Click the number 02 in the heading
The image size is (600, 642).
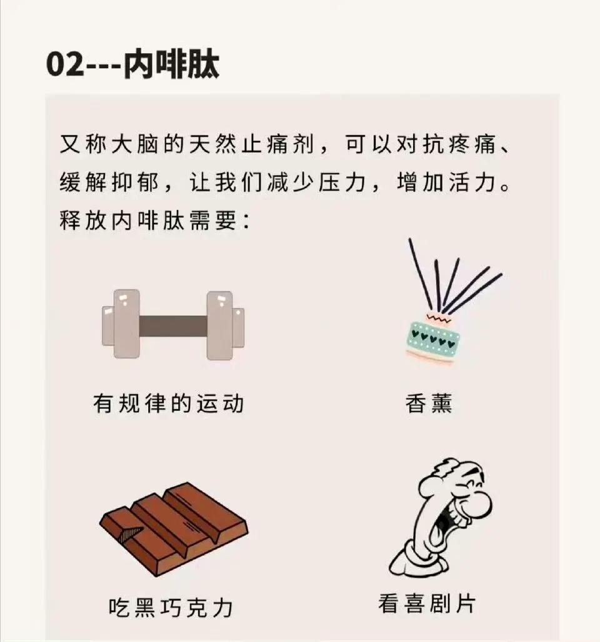[x=65, y=65]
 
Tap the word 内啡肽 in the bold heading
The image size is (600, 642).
[x=171, y=64]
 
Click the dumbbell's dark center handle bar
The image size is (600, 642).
[x=172, y=326]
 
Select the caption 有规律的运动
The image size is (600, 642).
[x=169, y=403]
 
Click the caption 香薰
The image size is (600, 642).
[x=429, y=403]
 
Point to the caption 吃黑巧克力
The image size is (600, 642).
[x=171, y=608]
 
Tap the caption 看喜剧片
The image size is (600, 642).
[x=427, y=603]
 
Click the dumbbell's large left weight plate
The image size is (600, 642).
[x=126, y=323]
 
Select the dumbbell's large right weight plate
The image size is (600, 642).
[x=219, y=325]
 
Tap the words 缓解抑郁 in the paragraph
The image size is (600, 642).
[x=109, y=182]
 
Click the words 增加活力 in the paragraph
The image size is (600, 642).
[x=448, y=182]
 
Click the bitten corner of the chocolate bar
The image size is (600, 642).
[x=131, y=533]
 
